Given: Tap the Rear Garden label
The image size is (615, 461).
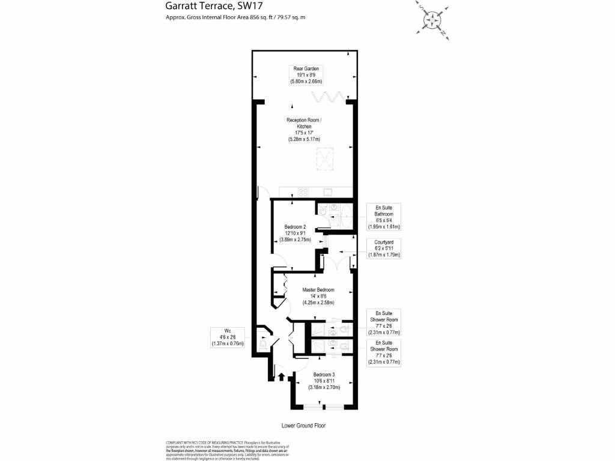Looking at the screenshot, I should tap(306, 69).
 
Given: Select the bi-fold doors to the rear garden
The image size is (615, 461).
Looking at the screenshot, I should tap(329, 97).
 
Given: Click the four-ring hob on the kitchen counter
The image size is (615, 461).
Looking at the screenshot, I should tap(303, 193).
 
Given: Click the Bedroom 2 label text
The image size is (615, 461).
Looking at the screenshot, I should tap(295, 227).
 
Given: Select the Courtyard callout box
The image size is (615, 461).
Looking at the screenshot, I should tap(384, 248).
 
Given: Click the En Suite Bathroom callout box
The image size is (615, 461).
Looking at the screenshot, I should tap(384, 217).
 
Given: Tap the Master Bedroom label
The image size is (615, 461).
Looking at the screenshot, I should tap(318, 290).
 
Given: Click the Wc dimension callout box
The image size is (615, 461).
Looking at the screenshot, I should tap(228, 337).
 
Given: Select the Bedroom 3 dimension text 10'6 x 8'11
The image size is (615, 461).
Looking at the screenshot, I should tap(324, 381).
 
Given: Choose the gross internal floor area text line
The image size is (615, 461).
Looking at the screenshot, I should tap(235, 17).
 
